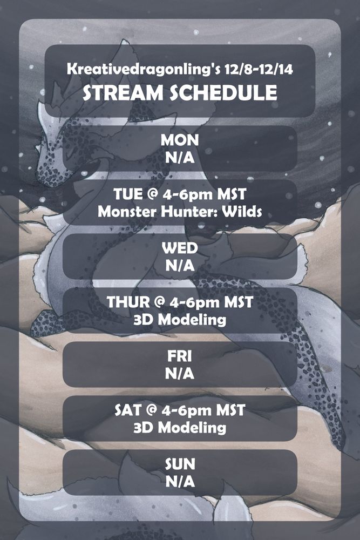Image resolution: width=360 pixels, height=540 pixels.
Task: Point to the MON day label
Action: (180, 140)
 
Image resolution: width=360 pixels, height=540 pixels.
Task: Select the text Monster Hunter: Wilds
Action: (180, 211)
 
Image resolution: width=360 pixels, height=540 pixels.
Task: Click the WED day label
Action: (180, 248)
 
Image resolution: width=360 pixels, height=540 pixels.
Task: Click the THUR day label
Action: (126, 302)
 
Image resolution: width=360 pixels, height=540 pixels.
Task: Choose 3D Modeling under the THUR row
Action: (180, 320)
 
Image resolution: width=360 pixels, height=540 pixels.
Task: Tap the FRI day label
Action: (180, 356)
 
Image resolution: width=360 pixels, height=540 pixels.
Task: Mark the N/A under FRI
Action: (180, 373)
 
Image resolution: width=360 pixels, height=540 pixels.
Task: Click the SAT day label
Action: (127, 410)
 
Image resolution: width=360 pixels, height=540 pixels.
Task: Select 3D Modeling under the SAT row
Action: (180, 428)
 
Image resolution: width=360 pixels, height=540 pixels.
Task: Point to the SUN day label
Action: (180, 464)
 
